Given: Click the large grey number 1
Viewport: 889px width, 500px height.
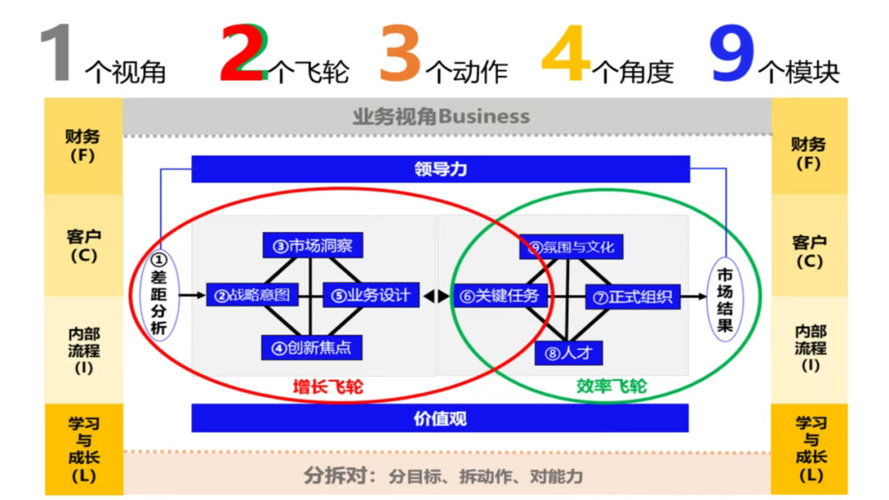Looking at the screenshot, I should click(58, 54).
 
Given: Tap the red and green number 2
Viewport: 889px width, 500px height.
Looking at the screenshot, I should click(244, 54).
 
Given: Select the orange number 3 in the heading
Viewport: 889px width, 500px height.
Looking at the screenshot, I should click(401, 54).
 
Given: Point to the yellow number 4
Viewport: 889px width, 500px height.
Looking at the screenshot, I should click(567, 54).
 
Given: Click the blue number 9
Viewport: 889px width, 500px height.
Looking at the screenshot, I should click(732, 54).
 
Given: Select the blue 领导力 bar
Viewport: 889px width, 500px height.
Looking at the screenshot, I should click(440, 169).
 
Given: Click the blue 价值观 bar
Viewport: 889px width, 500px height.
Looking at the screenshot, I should click(440, 418).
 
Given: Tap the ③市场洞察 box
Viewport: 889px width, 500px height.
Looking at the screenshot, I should click(313, 245).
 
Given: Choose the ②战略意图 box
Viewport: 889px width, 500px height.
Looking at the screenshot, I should click(252, 294).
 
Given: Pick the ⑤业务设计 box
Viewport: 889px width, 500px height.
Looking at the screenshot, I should click(371, 294).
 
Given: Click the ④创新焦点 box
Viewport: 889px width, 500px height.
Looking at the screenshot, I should click(312, 347).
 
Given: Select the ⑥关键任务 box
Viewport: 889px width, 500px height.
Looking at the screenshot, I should click(500, 295).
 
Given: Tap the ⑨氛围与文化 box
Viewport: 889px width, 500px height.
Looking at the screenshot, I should click(571, 246).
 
